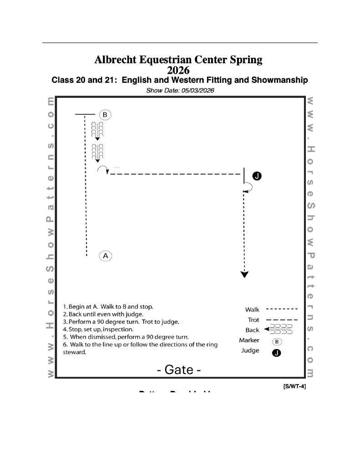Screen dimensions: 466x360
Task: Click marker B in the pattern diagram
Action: coord(105,114)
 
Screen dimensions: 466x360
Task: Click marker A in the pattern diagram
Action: coord(106,256)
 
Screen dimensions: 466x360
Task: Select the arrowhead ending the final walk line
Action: coord(245,274)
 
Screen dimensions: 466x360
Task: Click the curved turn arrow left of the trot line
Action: coord(102,169)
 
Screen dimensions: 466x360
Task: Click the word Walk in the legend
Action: coord(252,310)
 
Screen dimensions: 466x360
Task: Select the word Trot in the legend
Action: coord(253,320)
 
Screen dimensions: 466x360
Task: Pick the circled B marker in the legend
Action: coord(276,341)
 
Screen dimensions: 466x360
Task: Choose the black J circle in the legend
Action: coord(276,351)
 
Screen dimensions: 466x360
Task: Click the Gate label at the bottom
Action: coord(179,370)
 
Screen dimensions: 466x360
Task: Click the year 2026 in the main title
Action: coord(178,70)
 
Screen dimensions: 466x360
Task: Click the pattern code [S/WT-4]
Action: coord(295,386)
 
